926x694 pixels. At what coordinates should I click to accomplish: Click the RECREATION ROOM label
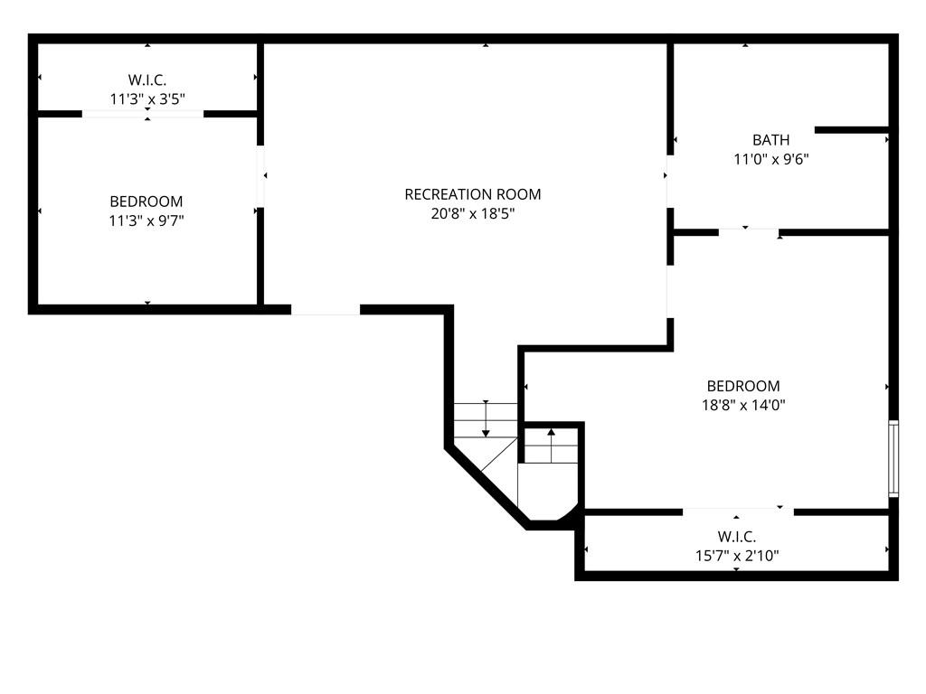coord(472,194)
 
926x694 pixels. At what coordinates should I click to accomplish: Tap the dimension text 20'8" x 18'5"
coord(472,213)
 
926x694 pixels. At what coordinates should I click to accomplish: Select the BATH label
coord(770,140)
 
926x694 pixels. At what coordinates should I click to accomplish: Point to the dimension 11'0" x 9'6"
coord(770,159)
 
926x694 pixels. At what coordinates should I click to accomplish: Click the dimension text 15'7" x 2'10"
coord(736,556)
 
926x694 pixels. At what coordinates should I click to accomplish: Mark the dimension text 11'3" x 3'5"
coord(147,98)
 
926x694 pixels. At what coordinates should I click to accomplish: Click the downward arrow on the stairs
coord(486,418)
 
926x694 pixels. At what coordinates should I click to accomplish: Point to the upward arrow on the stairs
coord(551,445)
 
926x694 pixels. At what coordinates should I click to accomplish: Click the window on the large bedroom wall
coord(893,458)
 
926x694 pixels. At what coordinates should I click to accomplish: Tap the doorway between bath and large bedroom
coord(748,232)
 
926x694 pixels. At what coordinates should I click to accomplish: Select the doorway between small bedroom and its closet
coord(142,114)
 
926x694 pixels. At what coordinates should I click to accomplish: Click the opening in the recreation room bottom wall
coord(326,310)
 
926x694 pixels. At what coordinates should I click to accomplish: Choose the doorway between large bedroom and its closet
coord(738,511)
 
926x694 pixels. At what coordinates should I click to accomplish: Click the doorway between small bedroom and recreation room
coord(260,176)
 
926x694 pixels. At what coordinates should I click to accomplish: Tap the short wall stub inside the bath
coord(852,130)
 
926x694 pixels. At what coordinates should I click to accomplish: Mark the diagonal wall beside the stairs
coord(487,488)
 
